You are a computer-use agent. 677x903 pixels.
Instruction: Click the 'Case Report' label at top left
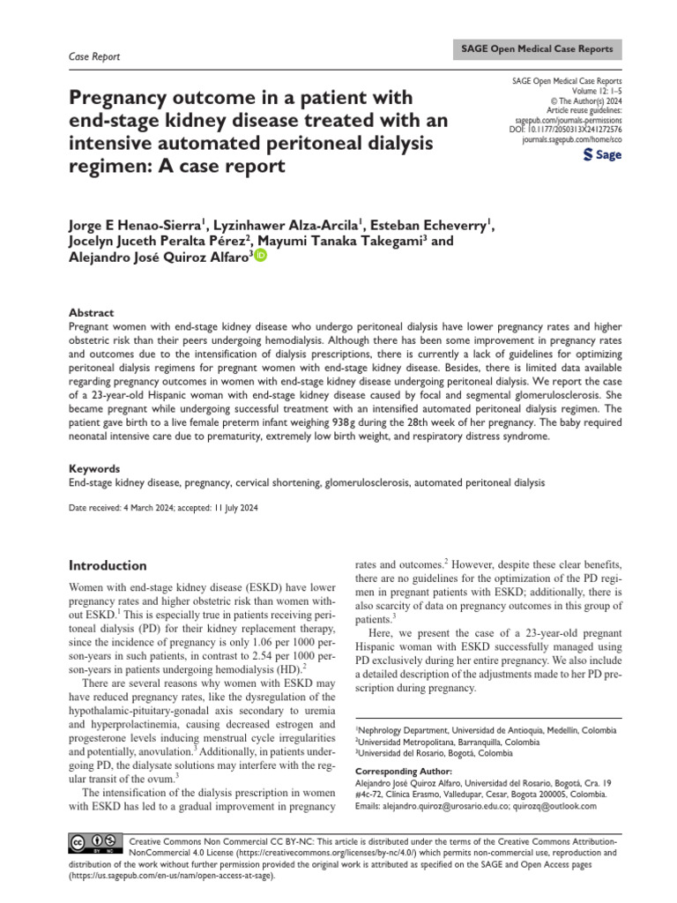click(94, 56)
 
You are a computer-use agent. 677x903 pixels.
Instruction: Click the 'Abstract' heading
click(91, 312)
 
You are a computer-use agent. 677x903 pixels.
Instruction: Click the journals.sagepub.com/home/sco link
click(571, 139)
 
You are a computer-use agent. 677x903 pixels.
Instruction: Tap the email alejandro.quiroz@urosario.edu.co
click(443, 805)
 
